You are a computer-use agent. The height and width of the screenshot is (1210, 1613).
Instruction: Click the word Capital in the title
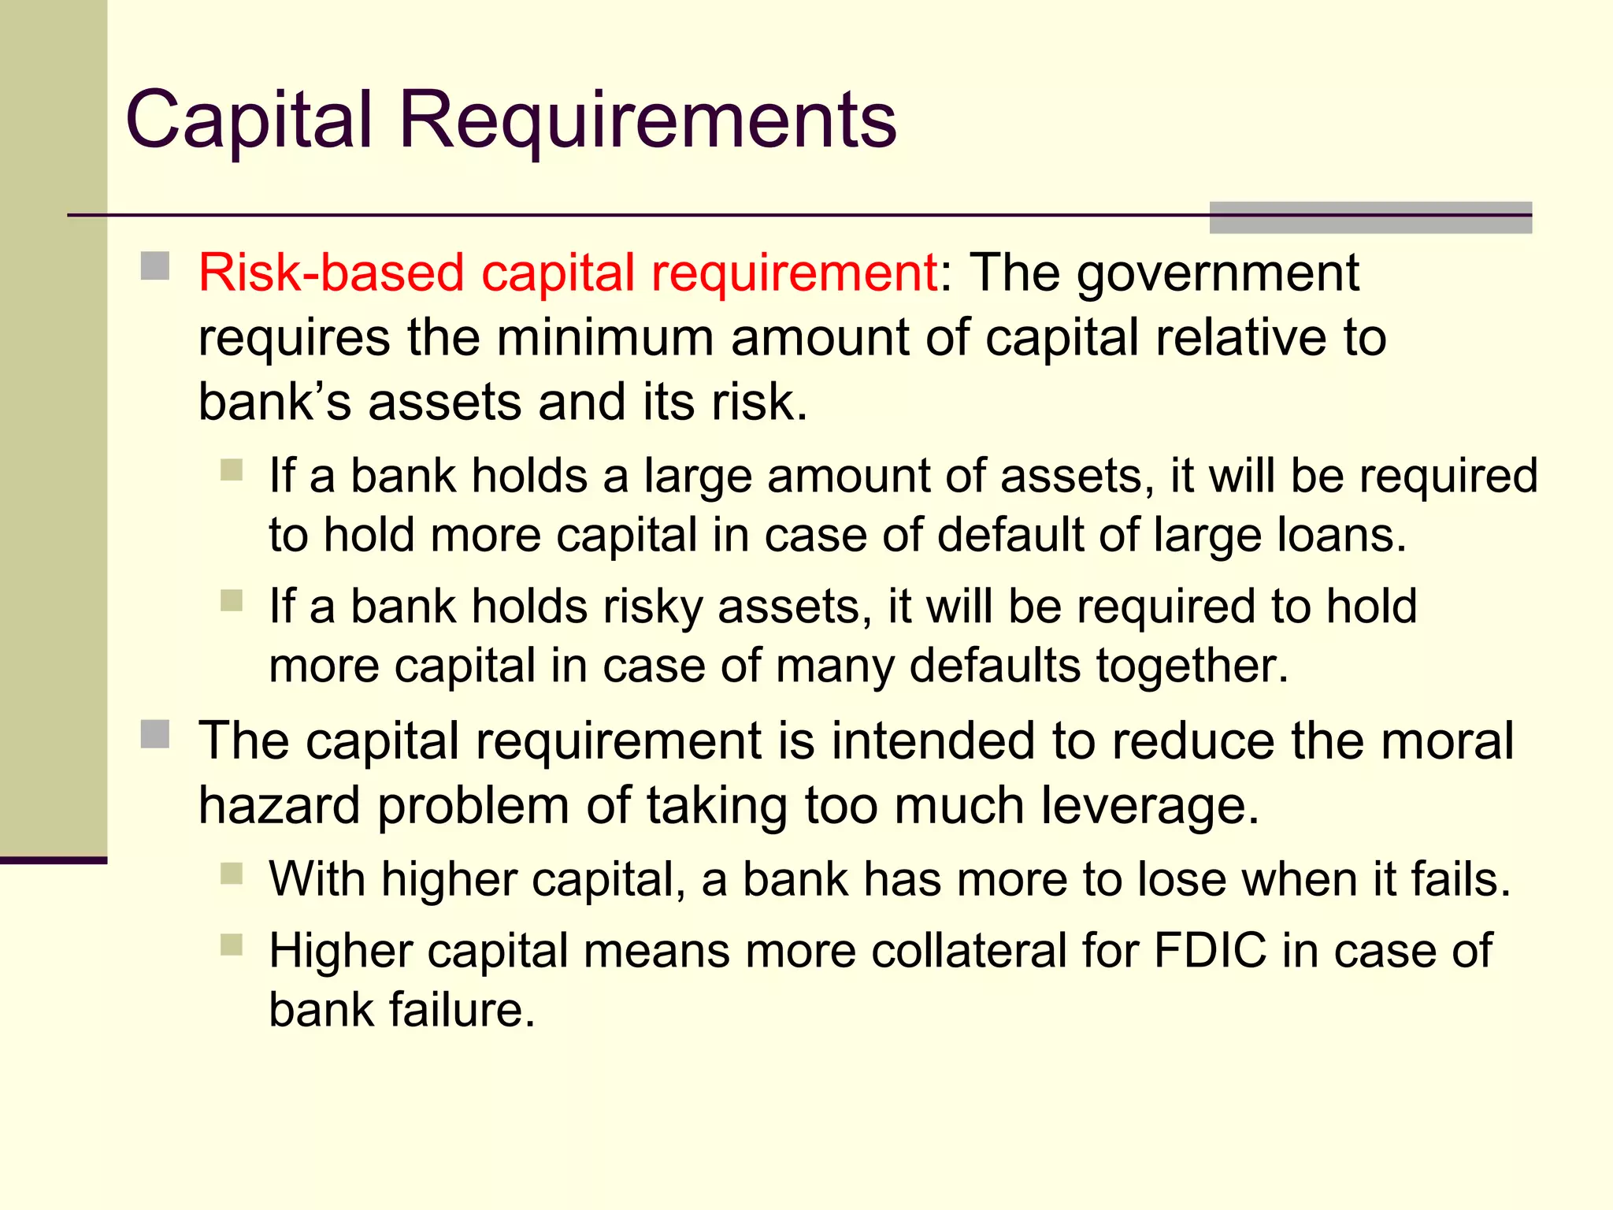[248, 120]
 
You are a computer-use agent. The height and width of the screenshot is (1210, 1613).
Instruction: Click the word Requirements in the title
[647, 120]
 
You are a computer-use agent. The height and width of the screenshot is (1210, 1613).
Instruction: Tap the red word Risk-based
[330, 273]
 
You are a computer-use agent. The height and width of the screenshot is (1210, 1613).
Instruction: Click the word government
[1218, 273]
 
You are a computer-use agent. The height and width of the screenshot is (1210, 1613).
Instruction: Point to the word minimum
[605, 338]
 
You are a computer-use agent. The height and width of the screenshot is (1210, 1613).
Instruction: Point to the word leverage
[1149, 807]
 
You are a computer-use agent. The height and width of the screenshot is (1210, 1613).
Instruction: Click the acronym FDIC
[1210, 951]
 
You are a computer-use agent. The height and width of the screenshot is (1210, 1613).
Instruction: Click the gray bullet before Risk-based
[155, 266]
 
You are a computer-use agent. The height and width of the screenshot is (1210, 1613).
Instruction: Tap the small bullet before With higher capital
[232, 874]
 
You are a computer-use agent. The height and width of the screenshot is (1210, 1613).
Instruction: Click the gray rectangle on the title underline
[1370, 217]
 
